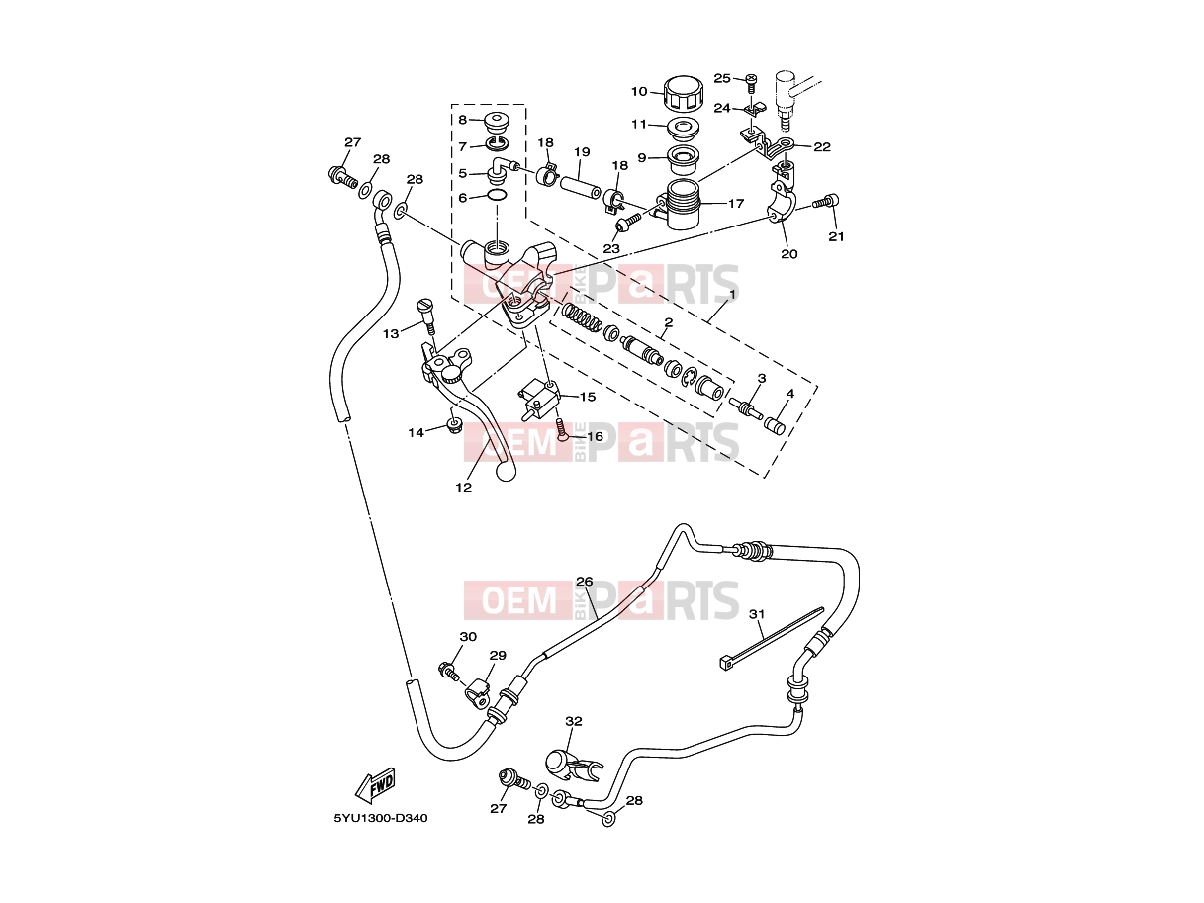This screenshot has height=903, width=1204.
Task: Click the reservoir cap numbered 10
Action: tap(683, 94)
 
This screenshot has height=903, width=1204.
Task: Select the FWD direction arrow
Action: tap(375, 784)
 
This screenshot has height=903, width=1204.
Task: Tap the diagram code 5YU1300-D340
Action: tap(381, 819)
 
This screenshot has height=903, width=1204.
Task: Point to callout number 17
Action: tap(736, 204)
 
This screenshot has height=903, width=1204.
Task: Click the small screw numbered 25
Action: tap(751, 84)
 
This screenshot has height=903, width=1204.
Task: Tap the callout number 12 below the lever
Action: tap(464, 487)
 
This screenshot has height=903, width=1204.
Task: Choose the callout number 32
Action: tap(574, 722)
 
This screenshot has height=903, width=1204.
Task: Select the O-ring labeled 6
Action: tap(497, 195)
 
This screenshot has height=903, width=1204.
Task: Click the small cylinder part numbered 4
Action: tap(775, 424)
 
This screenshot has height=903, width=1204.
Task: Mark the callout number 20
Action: tap(789, 254)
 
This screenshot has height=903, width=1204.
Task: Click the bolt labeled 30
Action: tap(449, 672)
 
